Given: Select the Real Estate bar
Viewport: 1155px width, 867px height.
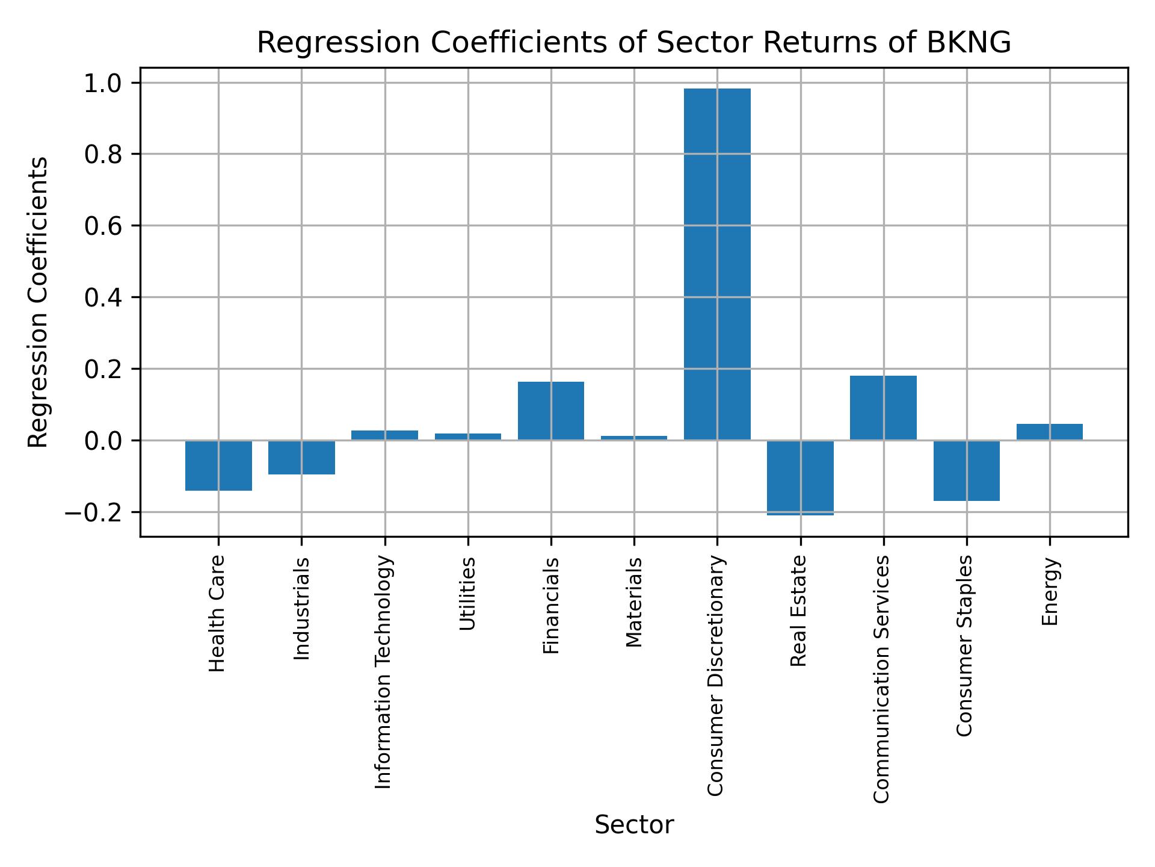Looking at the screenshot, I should point(800,477).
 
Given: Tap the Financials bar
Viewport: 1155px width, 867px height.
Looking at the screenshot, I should point(550,411).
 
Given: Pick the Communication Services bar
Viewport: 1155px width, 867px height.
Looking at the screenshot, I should point(883,408).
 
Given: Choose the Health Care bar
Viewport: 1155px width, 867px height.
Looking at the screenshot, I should point(218,465).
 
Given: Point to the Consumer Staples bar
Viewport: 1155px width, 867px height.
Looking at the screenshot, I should point(966,470).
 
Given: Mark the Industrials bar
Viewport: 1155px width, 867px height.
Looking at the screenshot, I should point(301,458).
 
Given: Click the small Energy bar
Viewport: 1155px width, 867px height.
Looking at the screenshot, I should point(1049,432).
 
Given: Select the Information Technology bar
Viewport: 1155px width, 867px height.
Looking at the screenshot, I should point(384,435).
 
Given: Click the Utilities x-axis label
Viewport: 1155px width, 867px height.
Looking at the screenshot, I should point(467,594).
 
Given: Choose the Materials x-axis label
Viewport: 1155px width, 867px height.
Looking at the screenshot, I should point(634,602).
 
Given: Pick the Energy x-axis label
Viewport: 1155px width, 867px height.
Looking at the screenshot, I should point(1050,591).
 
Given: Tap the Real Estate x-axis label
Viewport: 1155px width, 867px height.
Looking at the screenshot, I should point(798,611).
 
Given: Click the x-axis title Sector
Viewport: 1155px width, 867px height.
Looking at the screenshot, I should point(634,825).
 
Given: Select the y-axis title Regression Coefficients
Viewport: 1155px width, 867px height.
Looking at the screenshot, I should point(38,302).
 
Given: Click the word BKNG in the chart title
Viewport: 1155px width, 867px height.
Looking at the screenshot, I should point(969,43).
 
